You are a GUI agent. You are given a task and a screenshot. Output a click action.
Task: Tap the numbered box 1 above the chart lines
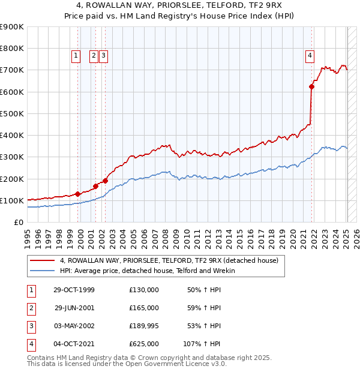click(x=77, y=56)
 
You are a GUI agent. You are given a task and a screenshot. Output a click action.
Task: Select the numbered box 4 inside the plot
click(x=310, y=56)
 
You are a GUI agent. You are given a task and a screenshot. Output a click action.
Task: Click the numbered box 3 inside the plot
click(x=103, y=56)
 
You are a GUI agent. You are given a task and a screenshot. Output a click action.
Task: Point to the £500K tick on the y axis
click(x=11, y=113)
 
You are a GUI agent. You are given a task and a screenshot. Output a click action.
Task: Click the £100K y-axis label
click(x=11, y=200)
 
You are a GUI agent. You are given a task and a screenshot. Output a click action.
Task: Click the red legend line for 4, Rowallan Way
click(x=42, y=261)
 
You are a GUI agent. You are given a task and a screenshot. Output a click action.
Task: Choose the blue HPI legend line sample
click(x=42, y=271)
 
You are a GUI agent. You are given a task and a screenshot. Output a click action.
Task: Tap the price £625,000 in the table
click(x=144, y=344)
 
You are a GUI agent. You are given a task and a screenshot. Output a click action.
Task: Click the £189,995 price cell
click(x=144, y=326)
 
